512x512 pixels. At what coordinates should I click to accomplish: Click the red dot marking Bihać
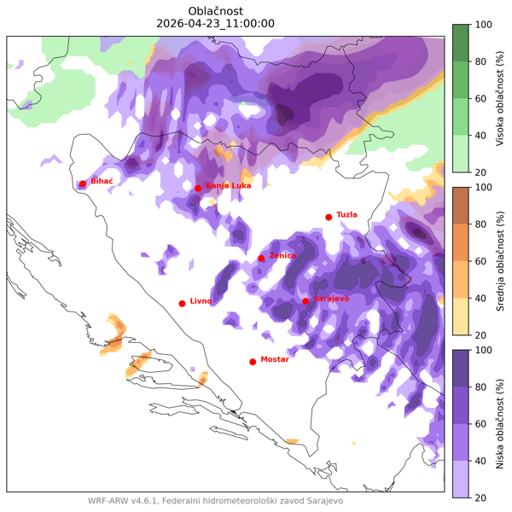point(83,183)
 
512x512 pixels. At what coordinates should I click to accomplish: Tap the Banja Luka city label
point(229,185)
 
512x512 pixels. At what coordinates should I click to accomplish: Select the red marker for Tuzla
point(329,217)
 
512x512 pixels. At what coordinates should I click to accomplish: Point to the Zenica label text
point(282,255)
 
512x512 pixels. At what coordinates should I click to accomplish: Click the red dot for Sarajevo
point(305,300)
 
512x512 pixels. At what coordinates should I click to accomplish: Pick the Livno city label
point(201,300)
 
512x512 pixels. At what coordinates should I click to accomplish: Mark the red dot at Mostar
point(253,362)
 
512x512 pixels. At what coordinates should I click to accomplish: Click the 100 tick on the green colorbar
point(483,26)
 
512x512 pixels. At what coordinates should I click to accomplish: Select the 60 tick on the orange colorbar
point(483,261)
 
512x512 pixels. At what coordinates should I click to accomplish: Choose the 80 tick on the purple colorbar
point(483,387)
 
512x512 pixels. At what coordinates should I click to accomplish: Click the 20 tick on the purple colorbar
point(483,497)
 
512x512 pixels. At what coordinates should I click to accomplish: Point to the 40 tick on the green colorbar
point(483,136)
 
